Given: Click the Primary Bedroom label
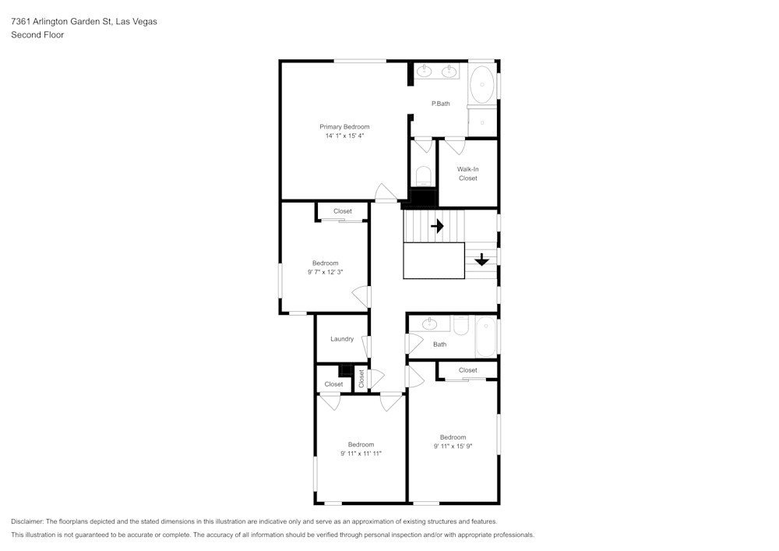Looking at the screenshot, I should coord(344,126).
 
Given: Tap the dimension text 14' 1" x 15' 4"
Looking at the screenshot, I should coord(344,136).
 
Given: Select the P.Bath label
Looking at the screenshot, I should coord(440,104).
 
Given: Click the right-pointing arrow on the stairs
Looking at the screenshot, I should coord(437,226).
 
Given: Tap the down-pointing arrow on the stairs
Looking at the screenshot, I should coord(481,260).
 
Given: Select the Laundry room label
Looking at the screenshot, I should coord(342,339).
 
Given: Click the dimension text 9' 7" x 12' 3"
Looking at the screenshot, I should coord(326,272).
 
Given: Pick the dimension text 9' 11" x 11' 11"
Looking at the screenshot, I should coord(361,454).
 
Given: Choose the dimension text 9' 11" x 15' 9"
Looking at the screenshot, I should coord(453,447).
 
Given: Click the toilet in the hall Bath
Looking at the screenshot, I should coord(460,325).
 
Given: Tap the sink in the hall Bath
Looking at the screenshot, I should coord(431,323).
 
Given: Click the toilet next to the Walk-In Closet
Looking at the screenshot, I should coord(424,175).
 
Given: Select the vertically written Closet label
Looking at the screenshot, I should coord(361,379).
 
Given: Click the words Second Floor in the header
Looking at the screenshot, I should coord(37,35).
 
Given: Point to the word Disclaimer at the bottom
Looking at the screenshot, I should coord(28,521).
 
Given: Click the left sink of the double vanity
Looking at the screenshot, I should coord(425,72).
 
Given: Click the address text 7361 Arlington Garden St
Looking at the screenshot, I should coord(61,22).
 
